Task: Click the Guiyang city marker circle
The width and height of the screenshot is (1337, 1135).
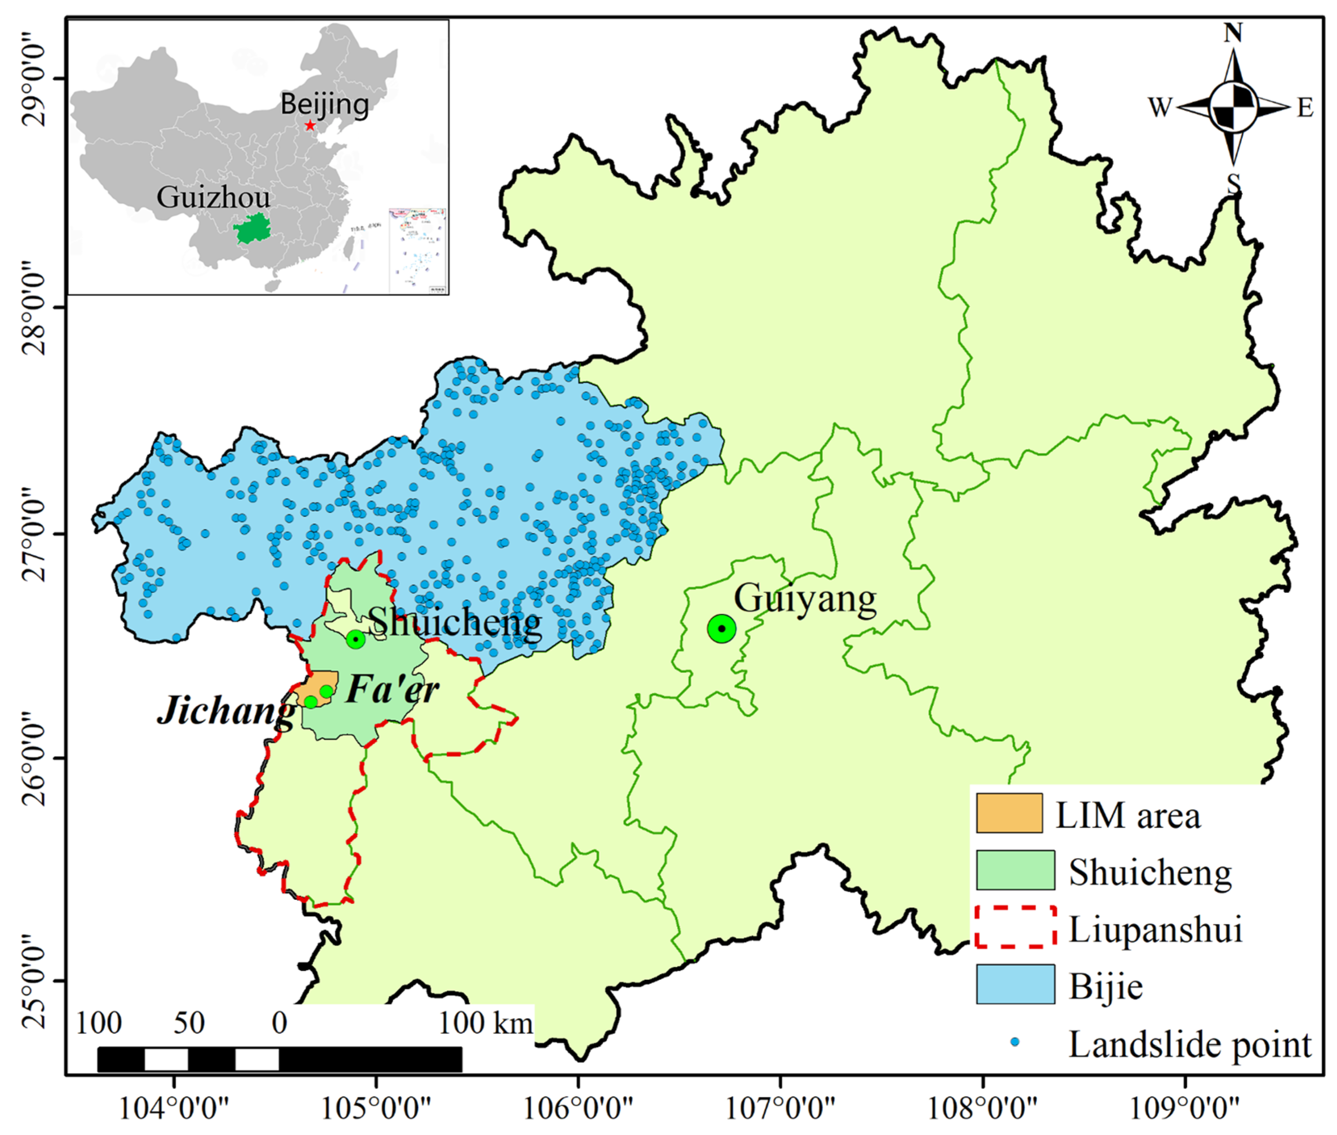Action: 721,629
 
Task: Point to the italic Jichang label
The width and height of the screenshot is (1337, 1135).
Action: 227,711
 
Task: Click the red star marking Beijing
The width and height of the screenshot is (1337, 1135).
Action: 310,125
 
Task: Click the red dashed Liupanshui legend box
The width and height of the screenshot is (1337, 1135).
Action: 1015,927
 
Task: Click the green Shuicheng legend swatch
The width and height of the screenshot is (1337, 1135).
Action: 1015,870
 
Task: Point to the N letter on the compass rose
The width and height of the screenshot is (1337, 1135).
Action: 1233,32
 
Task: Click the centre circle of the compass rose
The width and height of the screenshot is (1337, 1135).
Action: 1233,107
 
